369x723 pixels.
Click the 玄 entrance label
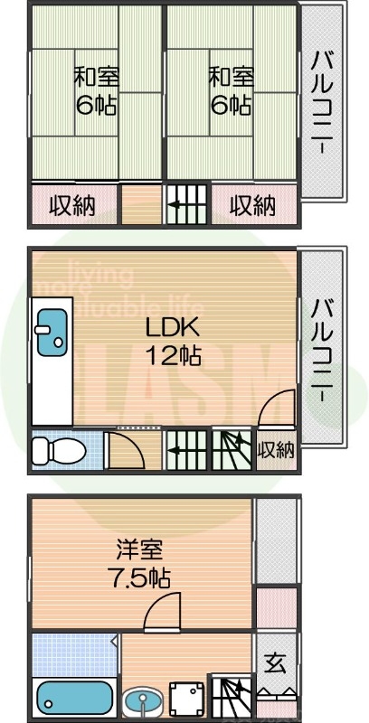point(275,663)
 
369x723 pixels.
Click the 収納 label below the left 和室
point(72,206)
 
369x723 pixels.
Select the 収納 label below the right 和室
point(252,206)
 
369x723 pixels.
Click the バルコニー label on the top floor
point(321,101)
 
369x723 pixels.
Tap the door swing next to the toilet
point(121,449)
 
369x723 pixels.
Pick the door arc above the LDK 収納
point(276,409)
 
